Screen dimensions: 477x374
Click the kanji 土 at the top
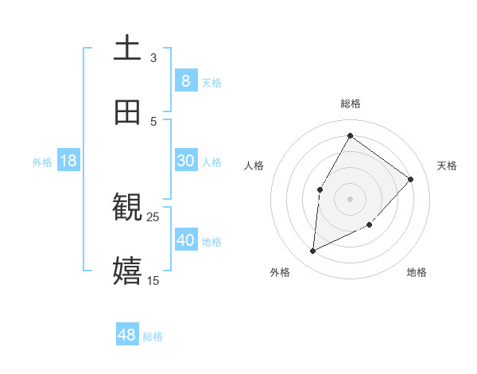pos(127,49)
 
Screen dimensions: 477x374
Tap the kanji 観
pos(127,208)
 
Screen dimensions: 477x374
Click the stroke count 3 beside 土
pos(153,57)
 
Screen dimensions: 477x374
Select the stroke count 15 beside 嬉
pos(153,280)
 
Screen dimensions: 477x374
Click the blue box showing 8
pos(185,80)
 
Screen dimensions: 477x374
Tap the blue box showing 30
pos(185,161)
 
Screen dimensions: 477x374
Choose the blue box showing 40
pos(185,240)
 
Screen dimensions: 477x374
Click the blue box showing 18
pos(68,161)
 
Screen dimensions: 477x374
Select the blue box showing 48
pos(127,335)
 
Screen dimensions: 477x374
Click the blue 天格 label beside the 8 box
pos(211,82)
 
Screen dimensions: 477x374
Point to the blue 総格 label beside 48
pos(153,337)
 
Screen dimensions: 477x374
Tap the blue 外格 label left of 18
pos(42,162)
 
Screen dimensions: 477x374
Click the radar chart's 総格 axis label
pos(351,103)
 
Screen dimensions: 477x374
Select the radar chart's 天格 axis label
pos(448,166)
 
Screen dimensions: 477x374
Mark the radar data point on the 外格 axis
pos(313,251)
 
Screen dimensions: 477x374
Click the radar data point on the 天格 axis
pos(411,179)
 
